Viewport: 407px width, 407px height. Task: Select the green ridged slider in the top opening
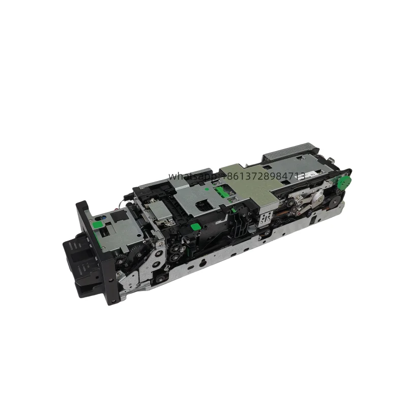click(221, 191)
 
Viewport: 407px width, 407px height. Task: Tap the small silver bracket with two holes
click(264, 219)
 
